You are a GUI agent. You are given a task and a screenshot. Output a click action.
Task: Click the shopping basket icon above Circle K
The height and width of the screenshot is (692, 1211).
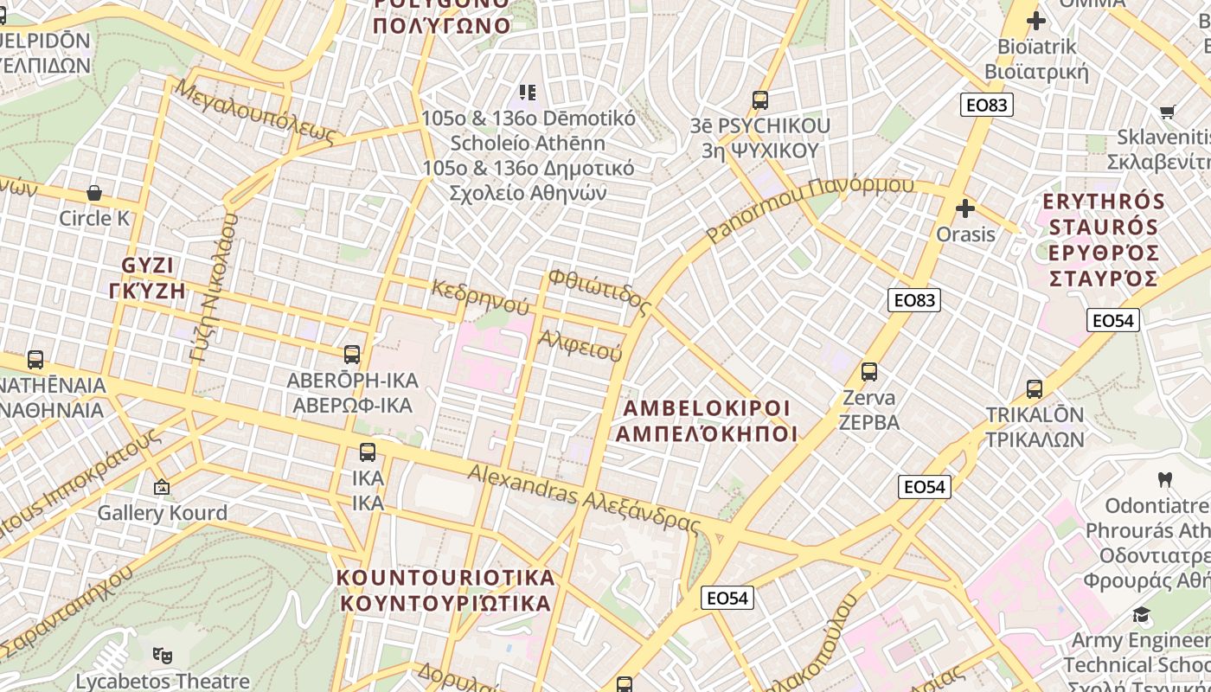(x=94, y=193)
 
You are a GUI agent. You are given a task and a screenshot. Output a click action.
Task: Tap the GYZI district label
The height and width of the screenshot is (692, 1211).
(x=148, y=278)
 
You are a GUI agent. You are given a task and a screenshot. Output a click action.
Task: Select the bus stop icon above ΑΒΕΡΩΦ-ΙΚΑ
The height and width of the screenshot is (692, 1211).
(x=352, y=354)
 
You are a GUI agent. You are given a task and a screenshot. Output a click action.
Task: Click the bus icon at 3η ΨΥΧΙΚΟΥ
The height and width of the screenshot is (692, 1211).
(x=760, y=100)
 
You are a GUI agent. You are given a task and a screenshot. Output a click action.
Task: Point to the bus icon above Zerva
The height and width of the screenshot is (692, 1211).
(x=869, y=373)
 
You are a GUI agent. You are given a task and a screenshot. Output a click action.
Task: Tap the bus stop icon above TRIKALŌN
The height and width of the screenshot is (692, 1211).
(x=1035, y=389)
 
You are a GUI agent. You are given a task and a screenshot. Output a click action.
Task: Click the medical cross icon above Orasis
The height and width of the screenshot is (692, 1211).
(x=965, y=208)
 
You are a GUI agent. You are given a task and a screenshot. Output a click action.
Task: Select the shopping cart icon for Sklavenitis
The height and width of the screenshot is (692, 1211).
(x=1167, y=112)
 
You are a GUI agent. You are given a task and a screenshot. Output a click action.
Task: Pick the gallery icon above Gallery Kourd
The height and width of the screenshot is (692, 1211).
(x=161, y=488)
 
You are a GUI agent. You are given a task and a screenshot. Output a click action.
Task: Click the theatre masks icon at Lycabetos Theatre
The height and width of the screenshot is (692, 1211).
(x=162, y=656)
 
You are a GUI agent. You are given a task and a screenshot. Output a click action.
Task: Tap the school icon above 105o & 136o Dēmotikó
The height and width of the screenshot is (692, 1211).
(x=528, y=92)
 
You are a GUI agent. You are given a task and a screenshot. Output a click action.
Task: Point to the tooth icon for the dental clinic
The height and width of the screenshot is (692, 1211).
(x=1164, y=479)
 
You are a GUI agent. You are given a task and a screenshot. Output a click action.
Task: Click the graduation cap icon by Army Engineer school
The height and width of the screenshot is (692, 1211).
(x=1142, y=615)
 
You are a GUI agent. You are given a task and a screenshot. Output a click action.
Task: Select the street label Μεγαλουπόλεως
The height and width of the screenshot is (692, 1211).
(x=254, y=111)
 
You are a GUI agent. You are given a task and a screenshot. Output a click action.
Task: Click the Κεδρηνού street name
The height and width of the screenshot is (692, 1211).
(x=480, y=296)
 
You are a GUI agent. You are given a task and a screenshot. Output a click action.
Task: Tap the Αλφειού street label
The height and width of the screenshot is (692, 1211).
(x=580, y=345)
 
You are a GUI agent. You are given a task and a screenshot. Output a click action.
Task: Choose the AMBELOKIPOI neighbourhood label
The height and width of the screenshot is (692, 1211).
(x=707, y=420)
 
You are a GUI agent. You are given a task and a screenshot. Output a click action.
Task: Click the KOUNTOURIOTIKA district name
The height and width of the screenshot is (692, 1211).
(x=445, y=590)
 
